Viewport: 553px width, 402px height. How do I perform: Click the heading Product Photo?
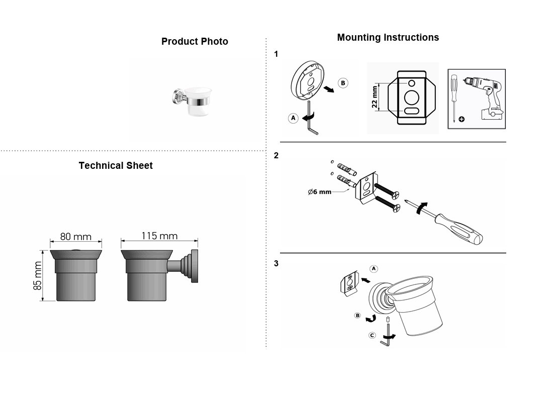195,42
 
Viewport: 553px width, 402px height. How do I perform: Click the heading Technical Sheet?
116,165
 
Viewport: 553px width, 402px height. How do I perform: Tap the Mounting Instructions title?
388,37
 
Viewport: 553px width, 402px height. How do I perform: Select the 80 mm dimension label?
75,236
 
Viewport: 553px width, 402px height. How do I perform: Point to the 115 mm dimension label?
159,236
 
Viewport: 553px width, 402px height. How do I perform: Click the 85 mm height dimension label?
38,276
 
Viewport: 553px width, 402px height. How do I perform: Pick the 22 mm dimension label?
374,97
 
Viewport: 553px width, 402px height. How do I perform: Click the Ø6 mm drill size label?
320,192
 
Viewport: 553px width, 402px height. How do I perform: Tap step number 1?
276,54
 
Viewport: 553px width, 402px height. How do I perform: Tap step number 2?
276,155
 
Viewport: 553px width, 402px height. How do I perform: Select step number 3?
276,263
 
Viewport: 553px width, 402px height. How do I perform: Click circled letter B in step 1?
343,83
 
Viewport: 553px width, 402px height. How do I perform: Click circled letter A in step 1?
293,118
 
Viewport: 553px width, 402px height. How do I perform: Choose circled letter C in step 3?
372,335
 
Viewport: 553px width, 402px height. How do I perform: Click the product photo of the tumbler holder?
192,101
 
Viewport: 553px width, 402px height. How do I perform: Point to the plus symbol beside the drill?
462,119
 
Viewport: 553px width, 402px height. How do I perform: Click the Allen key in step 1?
312,118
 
